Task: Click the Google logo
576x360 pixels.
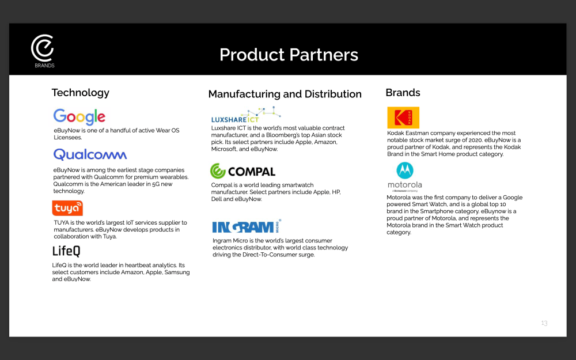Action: (x=79, y=117)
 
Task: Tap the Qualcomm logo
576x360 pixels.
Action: (x=90, y=154)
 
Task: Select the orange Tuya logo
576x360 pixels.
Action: (x=67, y=208)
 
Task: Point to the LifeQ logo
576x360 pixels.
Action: (x=66, y=251)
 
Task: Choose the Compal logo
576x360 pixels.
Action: (x=242, y=171)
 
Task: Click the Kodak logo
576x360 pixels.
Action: (x=403, y=118)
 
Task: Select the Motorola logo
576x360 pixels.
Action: (x=405, y=177)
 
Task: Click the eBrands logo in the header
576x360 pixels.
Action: (x=43, y=51)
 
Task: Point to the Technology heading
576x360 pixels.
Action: (x=81, y=93)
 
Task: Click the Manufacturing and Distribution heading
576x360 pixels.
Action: (x=285, y=94)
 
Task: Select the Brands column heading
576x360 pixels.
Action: (x=403, y=93)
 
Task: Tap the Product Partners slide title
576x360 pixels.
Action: (x=289, y=55)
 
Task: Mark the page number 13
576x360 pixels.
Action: (x=544, y=323)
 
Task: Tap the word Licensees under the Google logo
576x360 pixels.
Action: (x=68, y=138)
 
